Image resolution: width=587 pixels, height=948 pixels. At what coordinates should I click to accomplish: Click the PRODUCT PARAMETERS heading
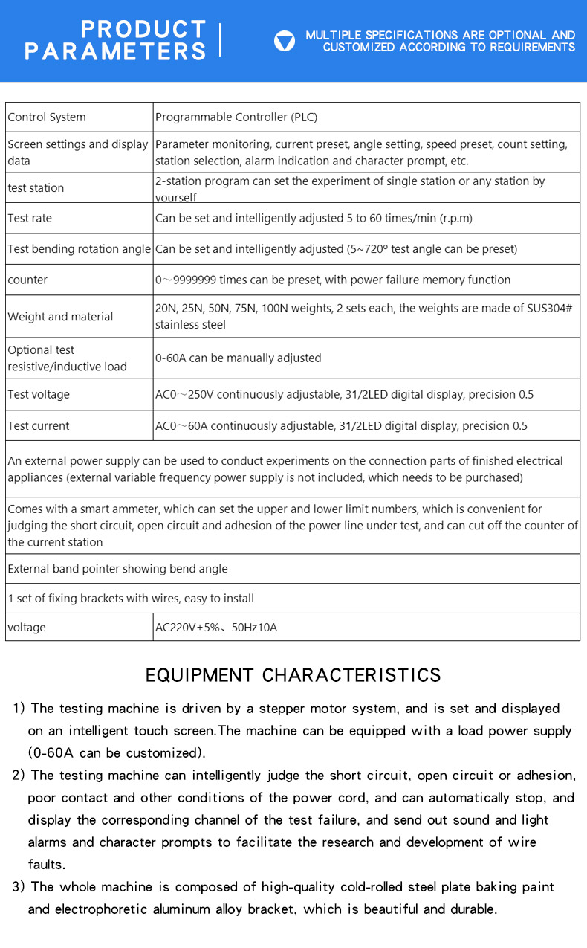[115, 40]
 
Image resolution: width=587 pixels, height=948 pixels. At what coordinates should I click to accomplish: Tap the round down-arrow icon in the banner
[285, 41]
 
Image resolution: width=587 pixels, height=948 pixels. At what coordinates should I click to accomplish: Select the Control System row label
[47, 117]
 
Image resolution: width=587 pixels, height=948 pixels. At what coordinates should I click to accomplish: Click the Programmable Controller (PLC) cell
[236, 117]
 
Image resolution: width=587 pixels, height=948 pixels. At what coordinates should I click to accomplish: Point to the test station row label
[36, 188]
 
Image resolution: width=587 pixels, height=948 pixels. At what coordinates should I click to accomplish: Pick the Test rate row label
[30, 219]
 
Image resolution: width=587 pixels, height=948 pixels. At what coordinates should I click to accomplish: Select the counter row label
[27, 280]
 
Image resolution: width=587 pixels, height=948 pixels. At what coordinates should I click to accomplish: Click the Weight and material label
[60, 317]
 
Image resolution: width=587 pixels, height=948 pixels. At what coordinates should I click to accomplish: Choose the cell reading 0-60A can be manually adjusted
[238, 358]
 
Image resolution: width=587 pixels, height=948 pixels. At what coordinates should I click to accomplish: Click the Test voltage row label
[39, 395]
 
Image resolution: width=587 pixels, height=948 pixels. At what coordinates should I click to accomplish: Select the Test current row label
[39, 426]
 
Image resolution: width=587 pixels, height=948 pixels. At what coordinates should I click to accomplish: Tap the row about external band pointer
[117, 569]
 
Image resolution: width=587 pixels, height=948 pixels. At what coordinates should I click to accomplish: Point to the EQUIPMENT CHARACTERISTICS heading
[293, 675]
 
